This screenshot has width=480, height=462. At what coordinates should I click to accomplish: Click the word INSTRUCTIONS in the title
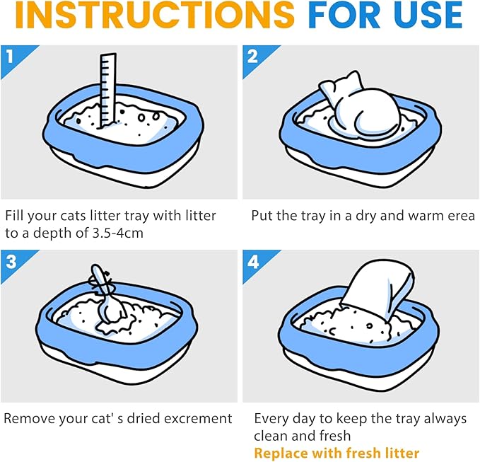(x=155, y=14)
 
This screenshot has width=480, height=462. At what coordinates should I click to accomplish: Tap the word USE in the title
(x=428, y=14)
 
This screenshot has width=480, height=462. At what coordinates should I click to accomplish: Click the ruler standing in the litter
(x=107, y=91)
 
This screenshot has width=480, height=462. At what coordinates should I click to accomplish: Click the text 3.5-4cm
(x=117, y=233)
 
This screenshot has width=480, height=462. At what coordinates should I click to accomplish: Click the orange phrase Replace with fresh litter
(x=336, y=453)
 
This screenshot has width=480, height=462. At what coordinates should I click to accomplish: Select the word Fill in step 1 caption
(x=14, y=216)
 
